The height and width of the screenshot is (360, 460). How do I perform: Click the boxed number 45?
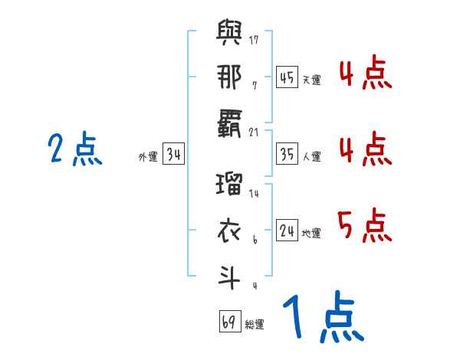pyautogui.click(x=287, y=77)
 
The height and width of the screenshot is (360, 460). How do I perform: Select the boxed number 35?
pyautogui.click(x=287, y=154)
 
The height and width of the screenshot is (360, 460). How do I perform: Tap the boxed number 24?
pyautogui.click(x=287, y=231)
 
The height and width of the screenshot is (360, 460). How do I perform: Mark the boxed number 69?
pyautogui.click(x=229, y=322)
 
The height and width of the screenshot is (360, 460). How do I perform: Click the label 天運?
pyautogui.click(x=311, y=80)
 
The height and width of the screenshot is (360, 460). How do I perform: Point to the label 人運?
pyautogui.click(x=311, y=157)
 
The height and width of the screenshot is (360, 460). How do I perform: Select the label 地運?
pyautogui.click(x=311, y=234)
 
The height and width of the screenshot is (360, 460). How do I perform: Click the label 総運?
pyautogui.click(x=255, y=325)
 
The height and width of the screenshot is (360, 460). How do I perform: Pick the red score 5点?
pyautogui.click(x=364, y=226)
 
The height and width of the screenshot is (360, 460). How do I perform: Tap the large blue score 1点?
pyautogui.click(x=322, y=318)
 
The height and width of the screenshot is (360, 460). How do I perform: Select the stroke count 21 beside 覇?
pyautogui.click(x=255, y=132)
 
